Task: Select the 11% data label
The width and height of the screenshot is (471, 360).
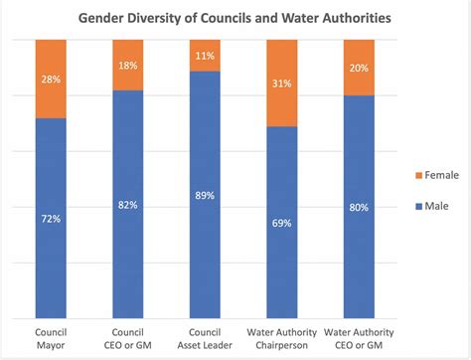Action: click(204, 56)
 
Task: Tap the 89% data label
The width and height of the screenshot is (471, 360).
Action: click(204, 196)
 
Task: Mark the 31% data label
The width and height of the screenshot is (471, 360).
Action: click(281, 84)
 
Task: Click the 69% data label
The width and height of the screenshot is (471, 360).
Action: click(281, 223)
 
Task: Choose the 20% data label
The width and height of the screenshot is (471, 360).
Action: click(359, 68)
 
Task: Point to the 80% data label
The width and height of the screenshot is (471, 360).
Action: click(359, 207)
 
